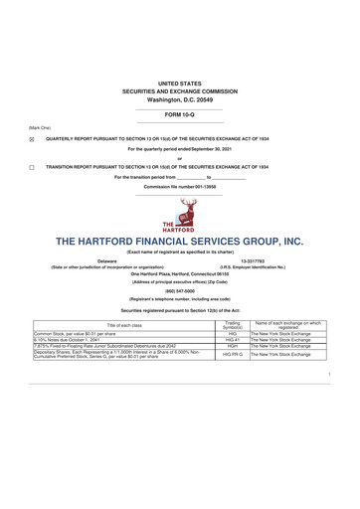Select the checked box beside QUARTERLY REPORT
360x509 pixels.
click(x=32, y=139)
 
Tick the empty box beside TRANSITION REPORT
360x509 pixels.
click(x=32, y=168)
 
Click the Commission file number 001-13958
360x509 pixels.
click(x=180, y=187)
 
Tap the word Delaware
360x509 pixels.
click(x=106, y=260)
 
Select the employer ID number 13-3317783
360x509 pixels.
click(x=253, y=260)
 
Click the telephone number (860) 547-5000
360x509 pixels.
click(x=180, y=291)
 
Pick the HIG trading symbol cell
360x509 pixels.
click(x=233, y=333)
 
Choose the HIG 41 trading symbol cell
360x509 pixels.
click(x=233, y=341)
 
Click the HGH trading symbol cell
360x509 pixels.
click(x=233, y=348)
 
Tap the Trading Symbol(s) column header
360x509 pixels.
click(x=233, y=324)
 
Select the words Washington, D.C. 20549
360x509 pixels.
click(x=180, y=100)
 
